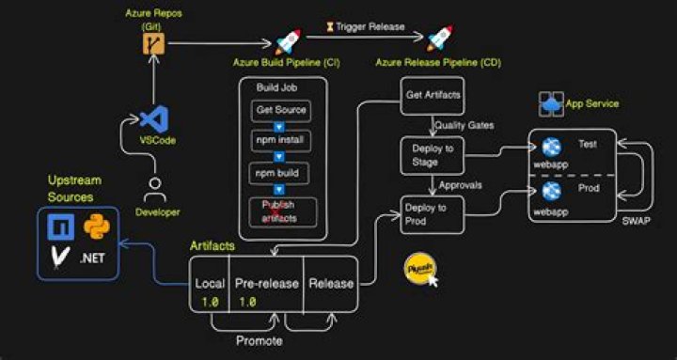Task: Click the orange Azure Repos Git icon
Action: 148,43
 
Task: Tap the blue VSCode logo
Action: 152,118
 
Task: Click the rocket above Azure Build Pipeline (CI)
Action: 287,41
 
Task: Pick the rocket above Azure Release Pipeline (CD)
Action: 439,39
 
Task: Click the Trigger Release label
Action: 367,27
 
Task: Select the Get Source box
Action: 279,111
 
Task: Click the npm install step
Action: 279,143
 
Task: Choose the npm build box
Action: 279,175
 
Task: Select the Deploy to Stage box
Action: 432,155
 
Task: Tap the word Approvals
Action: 461,185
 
